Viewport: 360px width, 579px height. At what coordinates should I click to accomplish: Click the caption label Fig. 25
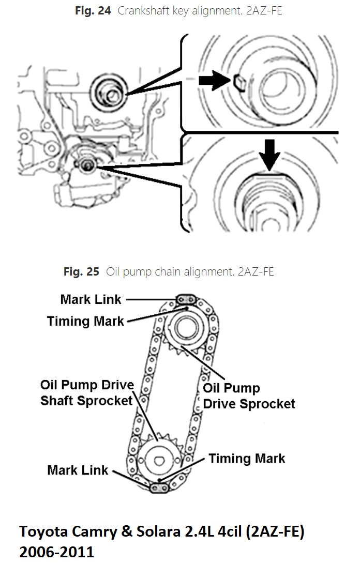tap(81, 271)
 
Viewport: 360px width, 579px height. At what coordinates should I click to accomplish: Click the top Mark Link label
tap(91, 299)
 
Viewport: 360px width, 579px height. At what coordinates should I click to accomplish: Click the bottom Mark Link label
tap(78, 470)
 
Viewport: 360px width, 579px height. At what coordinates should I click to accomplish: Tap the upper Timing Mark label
tap(85, 321)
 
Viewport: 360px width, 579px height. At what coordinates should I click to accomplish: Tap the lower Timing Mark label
tap(247, 458)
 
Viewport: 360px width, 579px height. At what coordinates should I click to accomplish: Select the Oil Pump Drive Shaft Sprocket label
tap(87, 393)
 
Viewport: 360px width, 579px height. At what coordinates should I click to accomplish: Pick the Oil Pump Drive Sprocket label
tap(249, 395)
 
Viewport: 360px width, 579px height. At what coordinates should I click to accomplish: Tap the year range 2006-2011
tap(57, 552)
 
